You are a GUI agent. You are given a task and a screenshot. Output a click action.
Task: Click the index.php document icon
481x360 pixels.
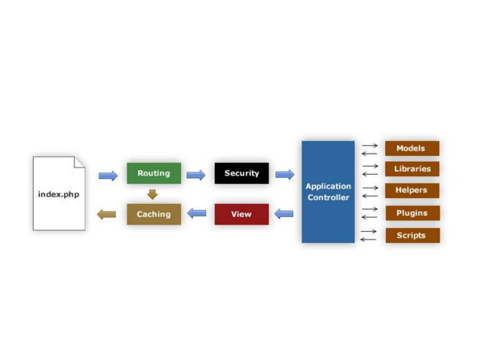coord(59,194)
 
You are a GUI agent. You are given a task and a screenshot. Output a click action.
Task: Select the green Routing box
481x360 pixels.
coord(154,173)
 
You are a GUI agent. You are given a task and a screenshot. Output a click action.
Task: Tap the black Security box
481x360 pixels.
coord(241,173)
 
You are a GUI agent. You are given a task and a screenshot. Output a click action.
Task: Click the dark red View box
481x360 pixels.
coord(241,214)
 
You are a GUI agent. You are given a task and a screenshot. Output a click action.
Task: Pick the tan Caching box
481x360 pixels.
coord(154,214)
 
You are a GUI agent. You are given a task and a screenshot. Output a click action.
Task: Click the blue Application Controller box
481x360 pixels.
coord(328,191)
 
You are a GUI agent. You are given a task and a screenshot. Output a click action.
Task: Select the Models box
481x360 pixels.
coord(412,148)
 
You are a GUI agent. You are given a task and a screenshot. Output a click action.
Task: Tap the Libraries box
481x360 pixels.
coord(412,169)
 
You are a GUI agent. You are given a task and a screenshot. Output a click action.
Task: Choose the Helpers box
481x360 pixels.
coord(412,190)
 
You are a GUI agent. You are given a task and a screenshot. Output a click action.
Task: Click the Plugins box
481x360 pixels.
coord(412,213)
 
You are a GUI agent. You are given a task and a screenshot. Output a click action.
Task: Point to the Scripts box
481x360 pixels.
coord(412,235)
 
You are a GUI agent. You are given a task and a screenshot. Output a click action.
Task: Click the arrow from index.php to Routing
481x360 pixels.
coord(108,175)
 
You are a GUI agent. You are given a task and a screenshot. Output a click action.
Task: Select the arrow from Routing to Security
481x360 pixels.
coord(196,175)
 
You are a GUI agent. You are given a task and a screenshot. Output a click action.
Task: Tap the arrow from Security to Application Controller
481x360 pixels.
coord(284,175)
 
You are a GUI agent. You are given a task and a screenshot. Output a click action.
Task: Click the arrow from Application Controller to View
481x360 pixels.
coord(284,214)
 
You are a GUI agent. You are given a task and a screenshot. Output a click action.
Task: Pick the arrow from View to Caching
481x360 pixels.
coord(196,214)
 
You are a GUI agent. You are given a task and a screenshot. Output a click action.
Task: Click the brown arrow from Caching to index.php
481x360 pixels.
coord(107,215)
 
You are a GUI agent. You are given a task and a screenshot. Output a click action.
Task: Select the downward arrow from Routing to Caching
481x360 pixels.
coord(153,194)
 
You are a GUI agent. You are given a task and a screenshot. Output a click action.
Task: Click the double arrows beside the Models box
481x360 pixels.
coord(369,149)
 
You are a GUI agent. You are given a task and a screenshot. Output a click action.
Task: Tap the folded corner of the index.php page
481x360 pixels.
coord(79,161)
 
